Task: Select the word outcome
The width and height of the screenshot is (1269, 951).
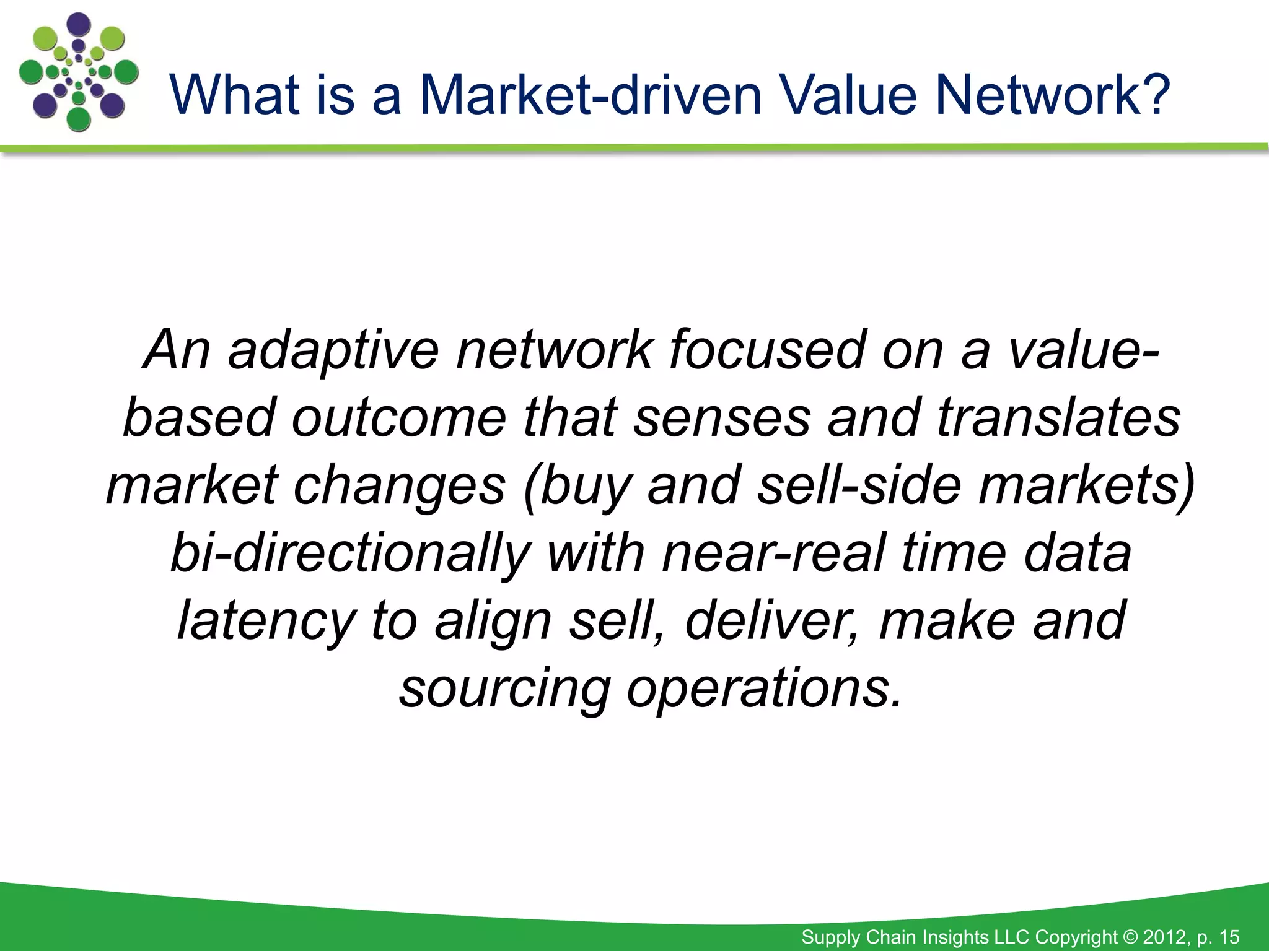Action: [399, 418]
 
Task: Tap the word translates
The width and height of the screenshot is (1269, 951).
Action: [1058, 418]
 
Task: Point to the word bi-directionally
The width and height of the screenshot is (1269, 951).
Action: [351, 553]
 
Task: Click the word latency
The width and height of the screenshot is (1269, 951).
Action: [266, 621]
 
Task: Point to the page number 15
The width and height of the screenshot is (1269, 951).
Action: [1229, 937]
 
